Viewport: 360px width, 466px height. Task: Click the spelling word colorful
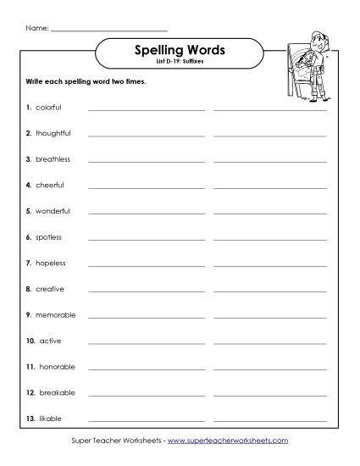click(x=48, y=108)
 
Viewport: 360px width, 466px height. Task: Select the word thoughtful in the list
click(x=53, y=133)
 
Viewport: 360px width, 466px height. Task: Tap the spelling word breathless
click(x=53, y=159)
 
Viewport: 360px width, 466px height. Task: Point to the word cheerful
click(x=49, y=185)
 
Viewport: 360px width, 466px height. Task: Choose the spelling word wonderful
click(x=53, y=211)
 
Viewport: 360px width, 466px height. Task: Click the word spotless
click(x=48, y=237)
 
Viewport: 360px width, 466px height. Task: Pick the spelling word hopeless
click(x=50, y=263)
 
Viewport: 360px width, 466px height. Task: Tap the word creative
click(x=49, y=289)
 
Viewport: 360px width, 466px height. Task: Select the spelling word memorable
click(x=55, y=314)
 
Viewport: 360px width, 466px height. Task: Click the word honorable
click(x=57, y=367)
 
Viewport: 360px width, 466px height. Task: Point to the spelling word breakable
click(x=57, y=392)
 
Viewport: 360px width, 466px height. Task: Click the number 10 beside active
click(x=30, y=341)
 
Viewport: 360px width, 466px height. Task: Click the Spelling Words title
click(x=180, y=50)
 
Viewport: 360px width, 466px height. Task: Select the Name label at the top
click(x=36, y=29)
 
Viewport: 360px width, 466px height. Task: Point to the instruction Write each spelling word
click(x=81, y=82)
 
